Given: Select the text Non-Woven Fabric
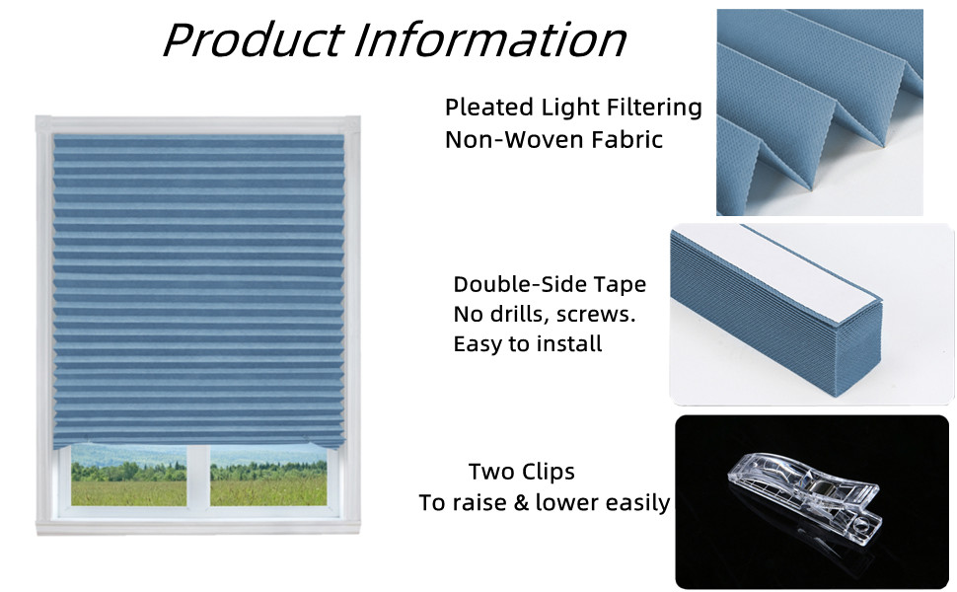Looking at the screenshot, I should coord(553,139).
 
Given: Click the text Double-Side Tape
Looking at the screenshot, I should coord(550,285).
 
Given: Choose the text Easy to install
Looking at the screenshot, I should coord(527,344).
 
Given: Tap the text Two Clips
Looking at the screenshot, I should coord(521,472).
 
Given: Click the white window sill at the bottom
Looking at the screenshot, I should coord(198,526).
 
